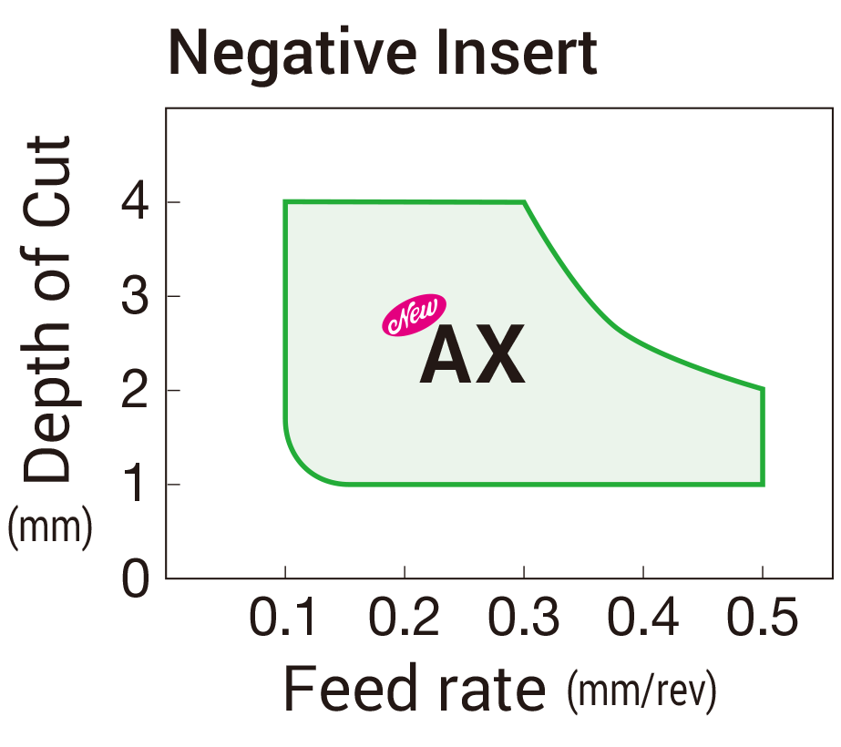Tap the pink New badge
tap(413, 316)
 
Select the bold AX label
tap(472, 356)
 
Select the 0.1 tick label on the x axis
tap(284, 620)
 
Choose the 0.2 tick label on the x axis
tap(404, 620)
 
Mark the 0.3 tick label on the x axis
tap(523, 620)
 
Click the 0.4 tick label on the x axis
tap(642, 620)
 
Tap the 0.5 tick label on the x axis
tap(762, 620)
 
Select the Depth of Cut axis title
tap(47, 310)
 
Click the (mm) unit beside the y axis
tap(50, 529)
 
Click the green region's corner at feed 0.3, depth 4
tap(524, 202)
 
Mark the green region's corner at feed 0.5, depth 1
tap(763, 485)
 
